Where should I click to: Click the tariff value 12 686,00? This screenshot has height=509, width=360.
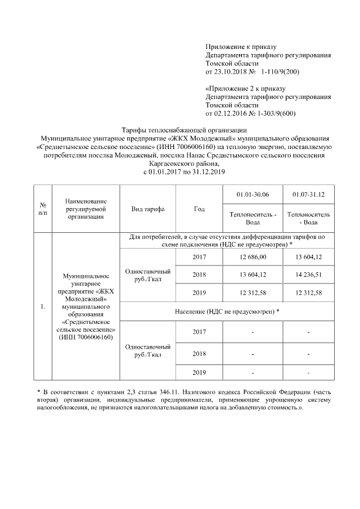point(253,257)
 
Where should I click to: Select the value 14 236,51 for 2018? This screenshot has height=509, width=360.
point(309,275)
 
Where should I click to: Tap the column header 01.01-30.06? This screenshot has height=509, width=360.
point(253,195)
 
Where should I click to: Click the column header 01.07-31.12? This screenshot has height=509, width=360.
point(309,195)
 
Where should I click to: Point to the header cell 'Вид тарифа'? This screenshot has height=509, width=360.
point(147,209)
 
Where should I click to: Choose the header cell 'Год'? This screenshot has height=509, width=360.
point(199,209)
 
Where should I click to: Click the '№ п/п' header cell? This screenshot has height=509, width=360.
point(42,209)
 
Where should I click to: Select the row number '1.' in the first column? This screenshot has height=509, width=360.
point(42,307)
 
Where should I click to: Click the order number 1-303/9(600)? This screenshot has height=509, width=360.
point(273,113)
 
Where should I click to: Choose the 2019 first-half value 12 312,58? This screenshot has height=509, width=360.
point(253,292)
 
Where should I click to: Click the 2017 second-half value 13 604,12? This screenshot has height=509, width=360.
point(309,257)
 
